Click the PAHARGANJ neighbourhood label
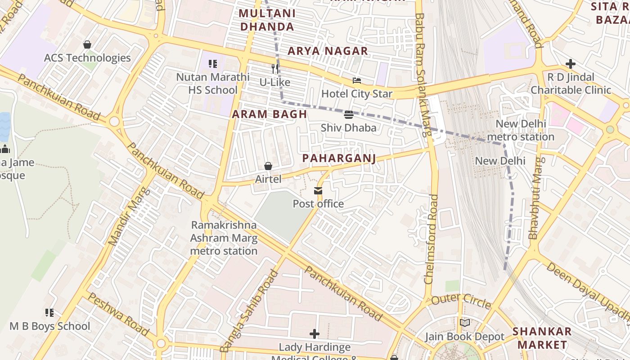(339, 158)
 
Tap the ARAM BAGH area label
(269, 114)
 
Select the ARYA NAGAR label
(328, 51)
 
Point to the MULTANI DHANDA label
(267, 20)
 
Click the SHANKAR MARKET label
(542, 338)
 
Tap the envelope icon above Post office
(318, 191)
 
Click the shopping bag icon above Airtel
(268, 166)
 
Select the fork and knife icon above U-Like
(275, 69)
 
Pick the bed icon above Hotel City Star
(357, 81)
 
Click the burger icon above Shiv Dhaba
(349, 115)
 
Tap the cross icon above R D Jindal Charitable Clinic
(571, 64)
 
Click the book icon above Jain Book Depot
(465, 323)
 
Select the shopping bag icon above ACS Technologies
(87, 45)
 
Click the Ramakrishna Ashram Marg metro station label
(224, 238)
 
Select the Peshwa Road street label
(117, 314)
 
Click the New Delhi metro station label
(521, 130)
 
